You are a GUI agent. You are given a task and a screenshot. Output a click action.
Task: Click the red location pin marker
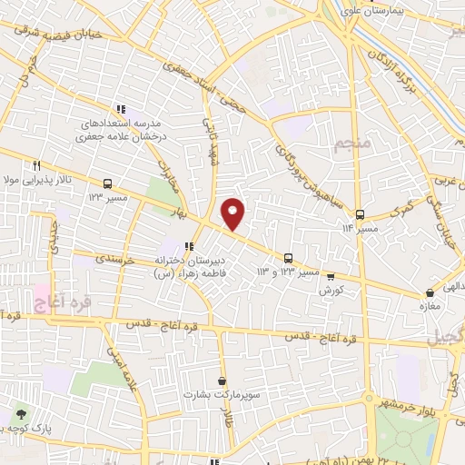pos(233,213)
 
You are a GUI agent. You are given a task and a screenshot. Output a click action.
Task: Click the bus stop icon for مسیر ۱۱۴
pos(361,215)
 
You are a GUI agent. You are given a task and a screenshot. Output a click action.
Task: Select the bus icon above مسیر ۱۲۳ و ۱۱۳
pos(288,258)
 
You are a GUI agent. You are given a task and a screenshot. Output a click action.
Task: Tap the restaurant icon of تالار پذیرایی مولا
pos(37,166)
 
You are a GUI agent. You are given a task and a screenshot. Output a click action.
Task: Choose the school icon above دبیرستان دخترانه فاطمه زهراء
pos(189,246)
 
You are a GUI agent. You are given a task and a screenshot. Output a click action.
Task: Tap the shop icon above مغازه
pos(430,293)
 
